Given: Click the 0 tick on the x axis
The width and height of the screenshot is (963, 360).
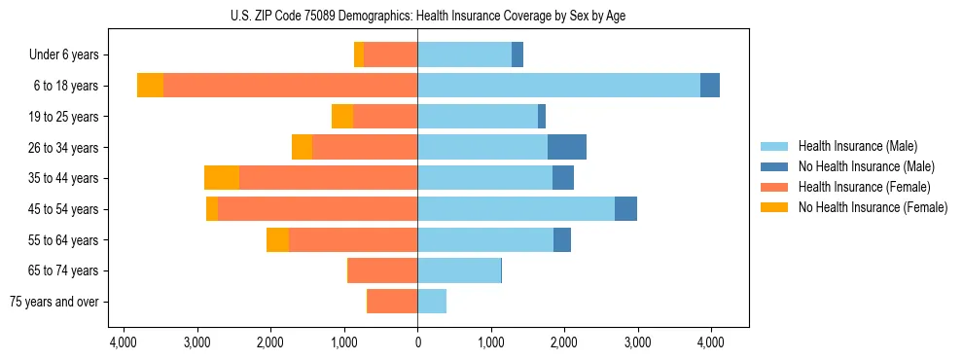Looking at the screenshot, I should (417, 342).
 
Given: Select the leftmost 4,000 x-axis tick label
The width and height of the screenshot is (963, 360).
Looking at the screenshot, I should (124, 342).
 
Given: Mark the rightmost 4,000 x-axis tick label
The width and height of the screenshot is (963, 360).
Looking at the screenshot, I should (710, 342).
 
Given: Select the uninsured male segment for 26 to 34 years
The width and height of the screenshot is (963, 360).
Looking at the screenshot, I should (567, 147).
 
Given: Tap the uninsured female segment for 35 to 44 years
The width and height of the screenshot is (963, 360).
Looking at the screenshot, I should (222, 178).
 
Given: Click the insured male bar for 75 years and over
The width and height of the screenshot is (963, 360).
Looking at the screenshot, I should (432, 302).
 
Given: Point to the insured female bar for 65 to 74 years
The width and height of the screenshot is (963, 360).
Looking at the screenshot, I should (383, 270).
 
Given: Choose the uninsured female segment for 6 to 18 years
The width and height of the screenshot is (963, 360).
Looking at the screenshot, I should (150, 86).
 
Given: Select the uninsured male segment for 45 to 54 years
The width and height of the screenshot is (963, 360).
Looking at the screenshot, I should (625, 209).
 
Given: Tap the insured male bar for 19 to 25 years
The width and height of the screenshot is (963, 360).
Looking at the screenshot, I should (478, 117).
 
